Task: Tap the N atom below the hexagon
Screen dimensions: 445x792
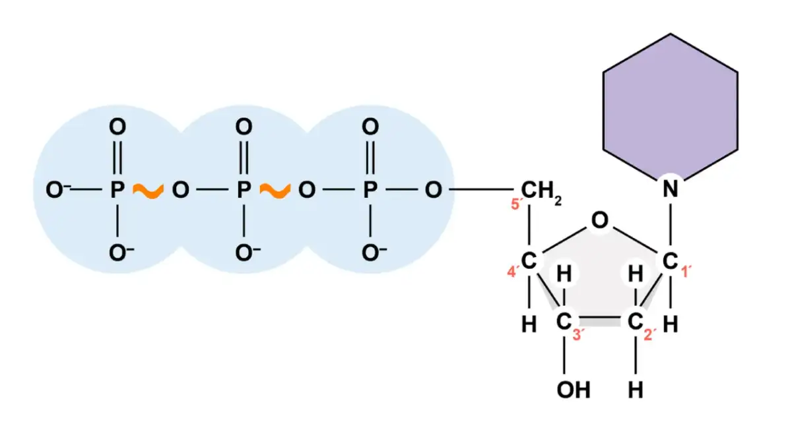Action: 671,191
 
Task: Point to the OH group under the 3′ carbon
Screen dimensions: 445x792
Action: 572,390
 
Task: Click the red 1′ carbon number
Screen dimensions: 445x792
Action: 686,271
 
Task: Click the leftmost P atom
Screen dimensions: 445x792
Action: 117,191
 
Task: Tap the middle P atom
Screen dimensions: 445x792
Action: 244,191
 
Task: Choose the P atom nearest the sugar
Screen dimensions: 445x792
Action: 371,191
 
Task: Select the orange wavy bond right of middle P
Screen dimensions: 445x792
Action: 275,191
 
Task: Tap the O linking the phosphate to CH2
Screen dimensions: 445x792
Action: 433,191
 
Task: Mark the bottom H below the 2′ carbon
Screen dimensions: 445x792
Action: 636,390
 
